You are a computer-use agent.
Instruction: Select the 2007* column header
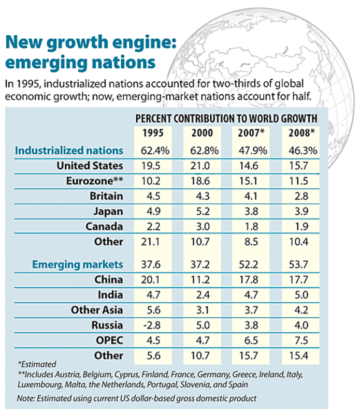pyautogui.click(x=251, y=133)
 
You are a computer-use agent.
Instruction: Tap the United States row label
pyautogui.click(x=90, y=166)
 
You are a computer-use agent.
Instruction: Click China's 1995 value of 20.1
pyautogui.click(x=150, y=279)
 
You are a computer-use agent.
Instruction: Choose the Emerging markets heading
pyautogui.click(x=78, y=264)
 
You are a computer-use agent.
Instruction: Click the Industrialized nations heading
pyautogui.click(x=69, y=151)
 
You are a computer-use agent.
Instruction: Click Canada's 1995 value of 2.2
pyautogui.click(x=150, y=227)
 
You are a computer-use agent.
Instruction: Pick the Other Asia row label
pyautogui.click(x=97, y=310)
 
